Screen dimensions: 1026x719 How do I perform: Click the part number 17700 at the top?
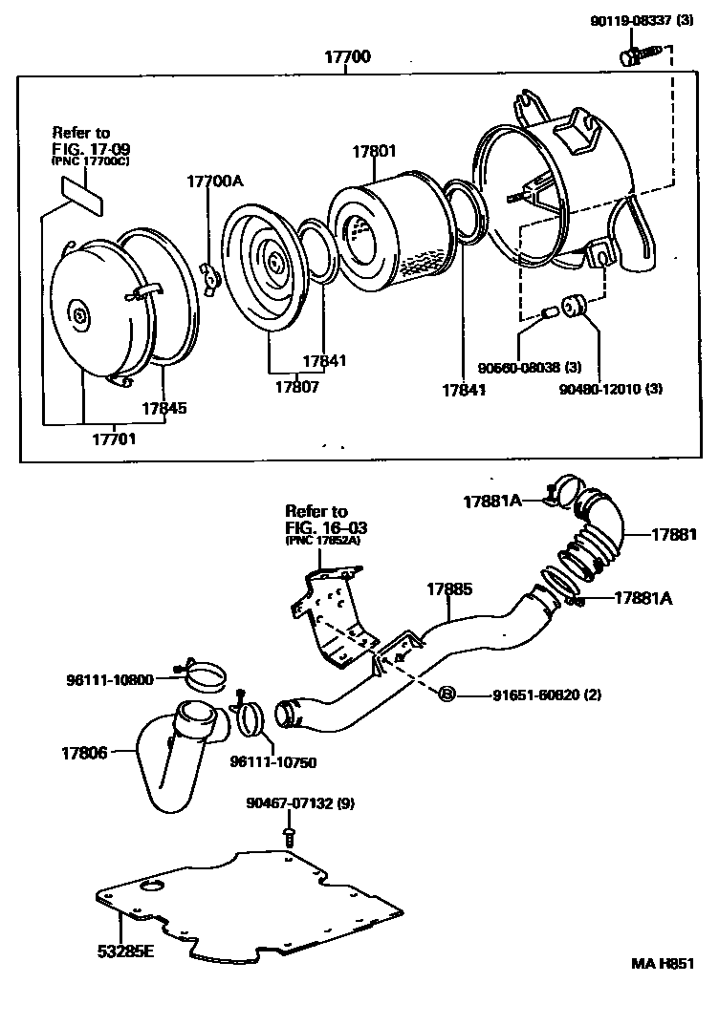(347, 57)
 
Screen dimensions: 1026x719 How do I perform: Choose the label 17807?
(297, 387)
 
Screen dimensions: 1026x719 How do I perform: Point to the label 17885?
(449, 589)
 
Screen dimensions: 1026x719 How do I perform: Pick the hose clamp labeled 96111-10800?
(203, 676)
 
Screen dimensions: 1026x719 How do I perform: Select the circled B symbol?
(447, 695)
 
